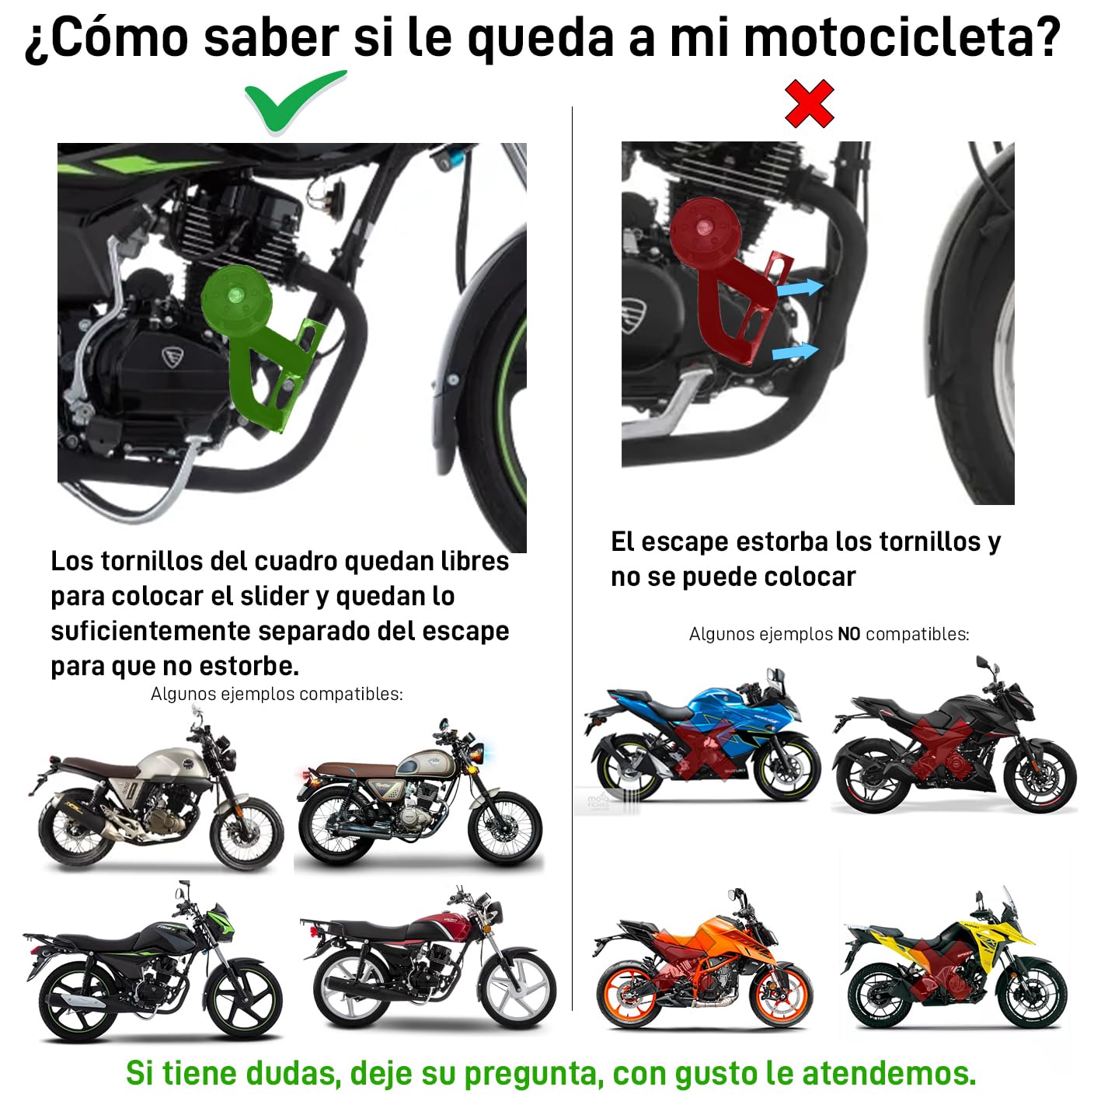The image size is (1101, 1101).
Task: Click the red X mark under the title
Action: [x=809, y=103]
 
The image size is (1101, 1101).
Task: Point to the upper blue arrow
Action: [x=800, y=288]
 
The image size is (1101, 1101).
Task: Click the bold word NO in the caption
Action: [x=848, y=634]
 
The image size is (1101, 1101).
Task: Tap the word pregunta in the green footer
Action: [x=531, y=1073]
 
